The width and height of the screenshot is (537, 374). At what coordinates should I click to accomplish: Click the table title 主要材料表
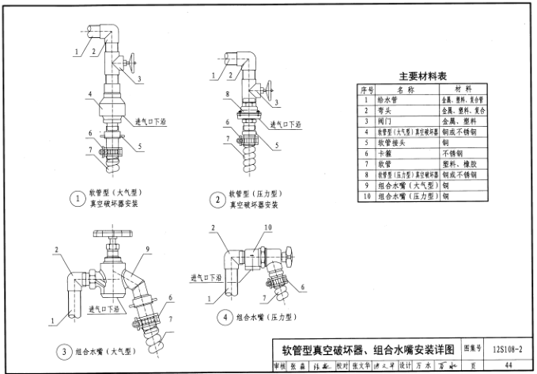(x=423, y=77)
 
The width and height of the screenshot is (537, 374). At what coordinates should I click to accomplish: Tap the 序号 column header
(x=367, y=89)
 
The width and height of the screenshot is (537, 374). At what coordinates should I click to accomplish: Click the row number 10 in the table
(x=367, y=195)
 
